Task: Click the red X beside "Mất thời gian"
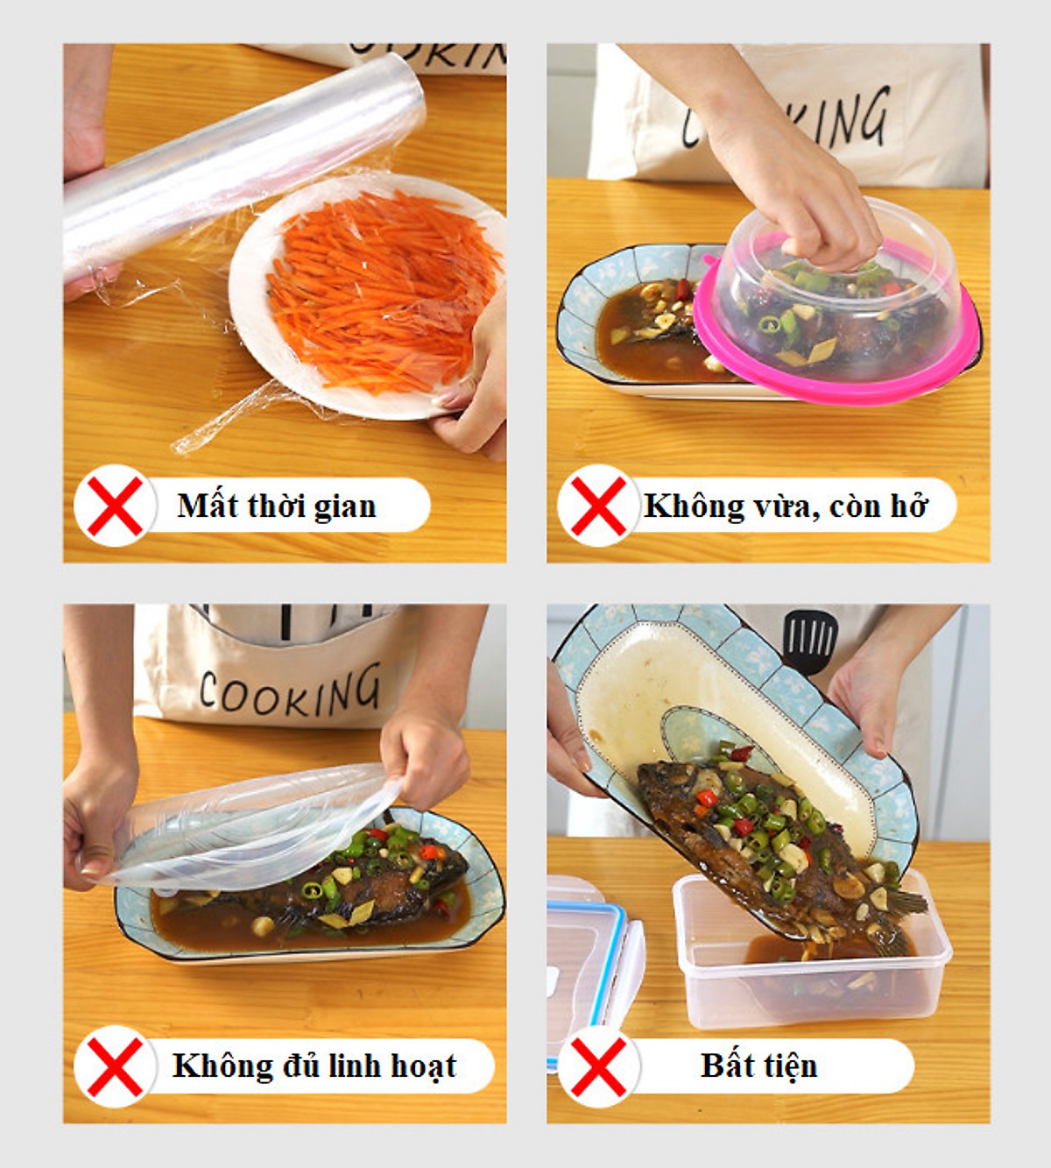(115, 506)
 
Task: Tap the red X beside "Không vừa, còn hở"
(598, 506)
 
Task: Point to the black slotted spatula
(810, 641)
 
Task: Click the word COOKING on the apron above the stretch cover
(290, 691)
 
